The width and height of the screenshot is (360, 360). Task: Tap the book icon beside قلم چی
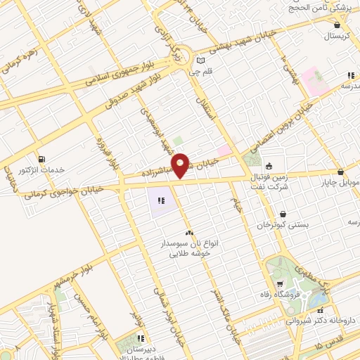201,60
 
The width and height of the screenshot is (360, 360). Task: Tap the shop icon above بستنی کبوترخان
283,213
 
